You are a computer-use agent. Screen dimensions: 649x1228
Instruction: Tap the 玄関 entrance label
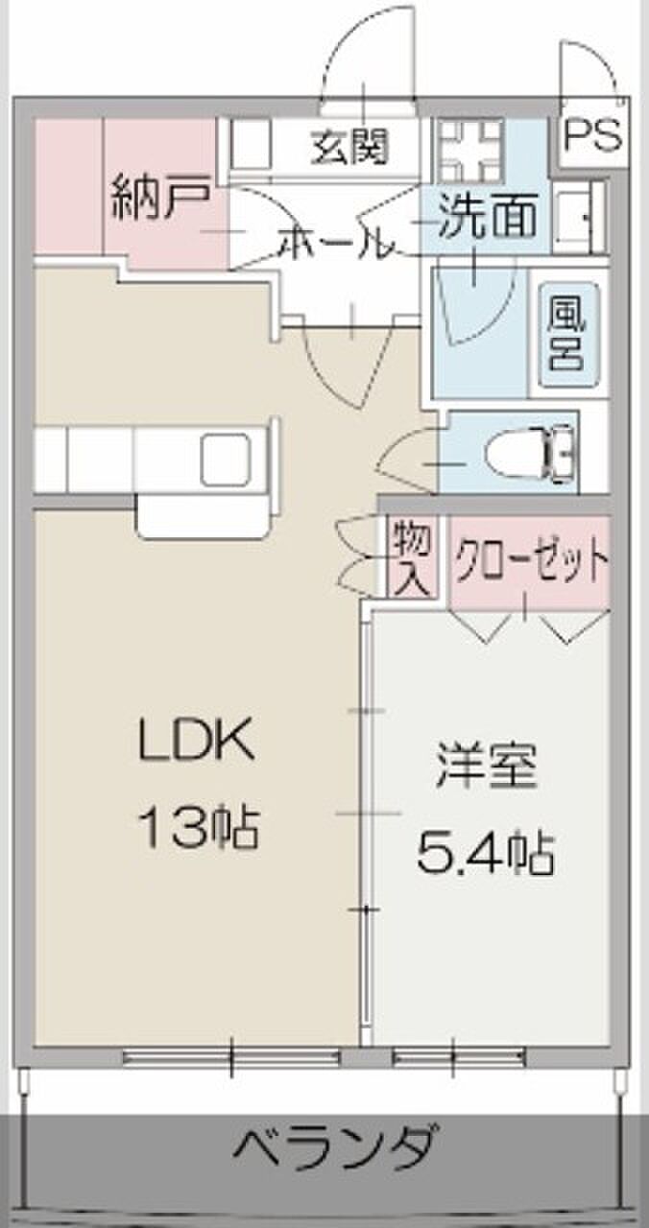click(x=350, y=147)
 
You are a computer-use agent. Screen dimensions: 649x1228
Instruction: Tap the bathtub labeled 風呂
click(x=567, y=335)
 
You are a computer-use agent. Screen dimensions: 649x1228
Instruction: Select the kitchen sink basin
click(x=226, y=460)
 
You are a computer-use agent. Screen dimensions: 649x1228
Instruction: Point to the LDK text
click(x=197, y=740)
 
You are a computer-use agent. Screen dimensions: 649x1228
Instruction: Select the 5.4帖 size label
click(x=485, y=854)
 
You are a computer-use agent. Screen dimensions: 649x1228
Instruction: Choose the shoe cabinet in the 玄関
click(x=250, y=144)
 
